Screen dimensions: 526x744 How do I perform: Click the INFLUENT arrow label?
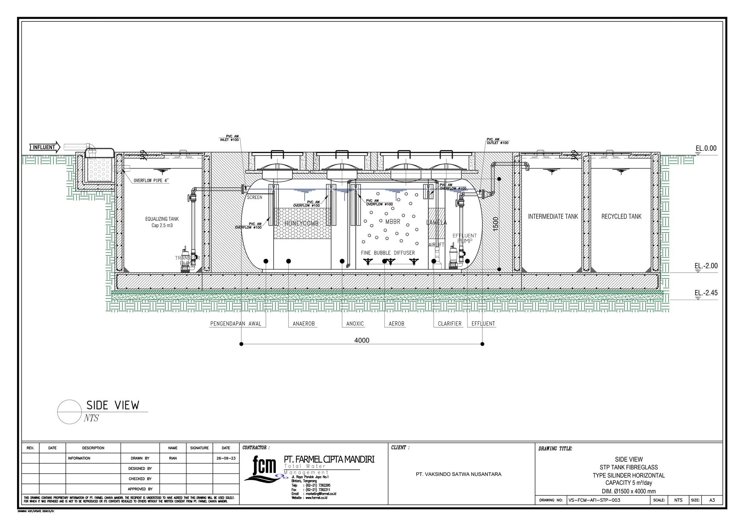pos(44,147)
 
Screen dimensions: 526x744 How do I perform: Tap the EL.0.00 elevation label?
pos(706,148)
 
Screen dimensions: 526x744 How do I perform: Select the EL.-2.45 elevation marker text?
pos(706,293)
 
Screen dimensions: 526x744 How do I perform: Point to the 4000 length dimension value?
pos(361,340)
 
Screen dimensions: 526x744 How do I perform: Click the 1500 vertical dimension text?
pos(496,224)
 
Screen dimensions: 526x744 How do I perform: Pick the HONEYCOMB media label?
pos(301,223)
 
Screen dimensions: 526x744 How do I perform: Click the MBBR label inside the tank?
pos(392,222)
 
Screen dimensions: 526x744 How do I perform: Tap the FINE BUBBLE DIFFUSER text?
pos(388,253)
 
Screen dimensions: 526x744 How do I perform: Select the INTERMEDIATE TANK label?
pos(553,217)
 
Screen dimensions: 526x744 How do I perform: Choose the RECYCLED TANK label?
pos(621,217)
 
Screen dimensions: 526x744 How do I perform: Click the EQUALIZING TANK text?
pos(162,219)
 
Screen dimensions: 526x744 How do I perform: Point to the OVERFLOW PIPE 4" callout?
pos(151,181)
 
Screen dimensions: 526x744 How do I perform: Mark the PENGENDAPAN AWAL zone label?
pos(236,324)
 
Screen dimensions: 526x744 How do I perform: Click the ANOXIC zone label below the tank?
pos(355,324)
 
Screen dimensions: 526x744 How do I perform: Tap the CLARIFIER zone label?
pos(449,324)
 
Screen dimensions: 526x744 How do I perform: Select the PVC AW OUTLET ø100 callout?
pos(497,141)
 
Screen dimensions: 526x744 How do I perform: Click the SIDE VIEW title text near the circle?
pos(113,405)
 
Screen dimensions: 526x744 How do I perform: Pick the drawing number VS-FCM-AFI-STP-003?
pos(594,500)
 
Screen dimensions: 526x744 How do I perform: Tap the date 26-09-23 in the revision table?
pos(226,458)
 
